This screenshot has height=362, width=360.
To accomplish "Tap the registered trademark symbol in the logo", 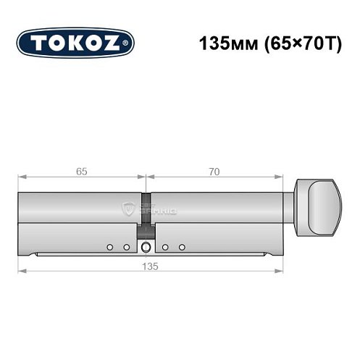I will click(128, 43).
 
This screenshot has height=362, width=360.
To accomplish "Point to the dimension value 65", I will click(81, 171).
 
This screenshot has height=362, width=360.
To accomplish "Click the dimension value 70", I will click(213, 171).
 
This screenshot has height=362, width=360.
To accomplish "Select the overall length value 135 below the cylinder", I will click(149, 265).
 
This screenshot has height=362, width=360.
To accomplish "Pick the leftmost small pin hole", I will click(110, 248).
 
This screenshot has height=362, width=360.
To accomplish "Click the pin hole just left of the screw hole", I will click(126, 248).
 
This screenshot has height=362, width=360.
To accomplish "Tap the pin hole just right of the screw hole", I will click(166, 248).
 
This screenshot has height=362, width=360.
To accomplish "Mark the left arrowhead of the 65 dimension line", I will click(22, 177).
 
